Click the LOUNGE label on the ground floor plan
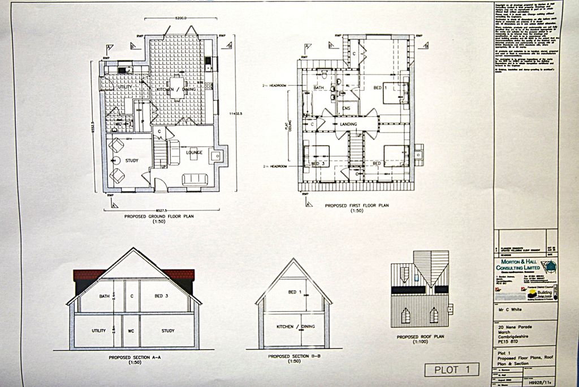click(194, 152)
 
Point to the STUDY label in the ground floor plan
click(132, 160)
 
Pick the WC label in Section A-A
click(131, 331)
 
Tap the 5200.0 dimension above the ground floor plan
click(182, 18)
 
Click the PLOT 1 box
click(452, 370)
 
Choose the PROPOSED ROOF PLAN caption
click(420, 337)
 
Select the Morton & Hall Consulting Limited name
click(518, 265)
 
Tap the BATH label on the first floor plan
click(318, 88)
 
